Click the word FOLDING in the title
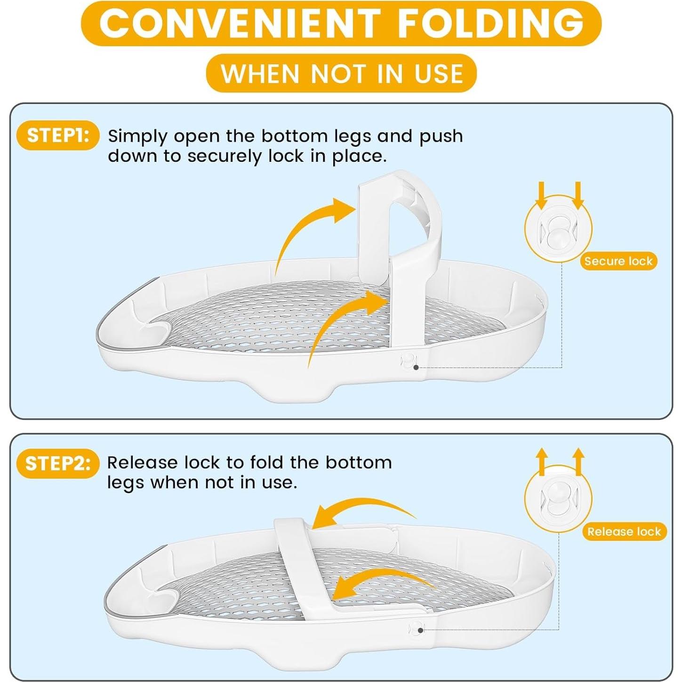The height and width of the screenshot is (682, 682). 491,23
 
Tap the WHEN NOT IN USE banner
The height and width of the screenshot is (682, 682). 341,73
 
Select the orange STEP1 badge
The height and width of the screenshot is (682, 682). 58,136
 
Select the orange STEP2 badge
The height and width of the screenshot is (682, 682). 57,464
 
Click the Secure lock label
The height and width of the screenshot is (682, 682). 618,261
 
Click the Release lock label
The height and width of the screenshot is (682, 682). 624,532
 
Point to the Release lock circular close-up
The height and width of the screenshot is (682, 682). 558,499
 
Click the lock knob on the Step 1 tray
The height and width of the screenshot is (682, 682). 408,361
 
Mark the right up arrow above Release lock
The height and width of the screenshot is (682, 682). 578,461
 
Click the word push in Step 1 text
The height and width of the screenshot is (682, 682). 441,136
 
